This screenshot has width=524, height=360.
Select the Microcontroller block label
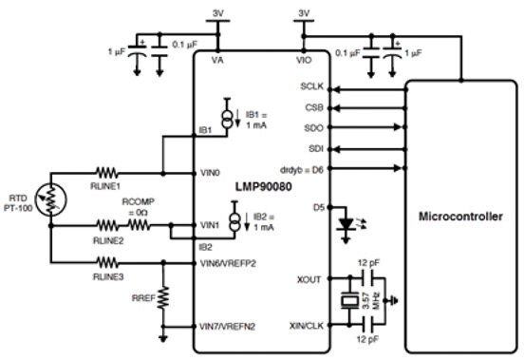460,218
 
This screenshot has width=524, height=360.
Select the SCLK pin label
311,86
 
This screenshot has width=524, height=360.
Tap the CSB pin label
315,107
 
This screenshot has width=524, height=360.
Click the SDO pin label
314,127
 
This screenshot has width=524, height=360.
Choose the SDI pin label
315,149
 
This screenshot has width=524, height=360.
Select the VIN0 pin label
212,174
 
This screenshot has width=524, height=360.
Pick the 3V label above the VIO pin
304,12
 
